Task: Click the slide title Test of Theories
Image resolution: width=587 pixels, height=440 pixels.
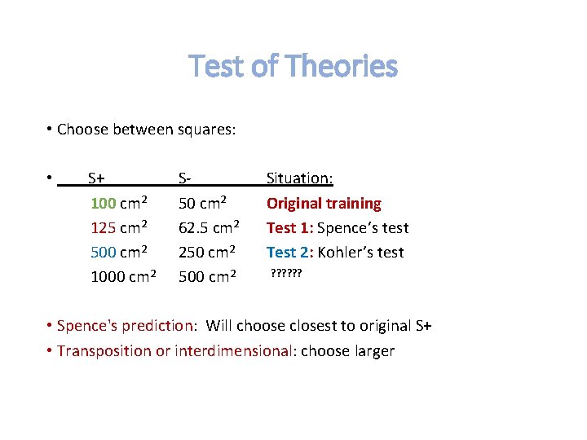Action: tap(293, 66)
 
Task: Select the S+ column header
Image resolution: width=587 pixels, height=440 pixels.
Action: tap(95, 178)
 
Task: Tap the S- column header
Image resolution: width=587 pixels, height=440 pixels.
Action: tap(185, 178)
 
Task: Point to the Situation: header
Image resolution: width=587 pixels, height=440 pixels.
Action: tap(299, 178)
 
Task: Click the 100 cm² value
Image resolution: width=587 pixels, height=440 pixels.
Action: tap(119, 203)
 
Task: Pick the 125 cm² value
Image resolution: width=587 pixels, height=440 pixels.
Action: tap(119, 227)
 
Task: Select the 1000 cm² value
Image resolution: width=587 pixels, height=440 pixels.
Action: tap(123, 276)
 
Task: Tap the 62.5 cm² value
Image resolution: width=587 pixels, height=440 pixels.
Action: tap(209, 227)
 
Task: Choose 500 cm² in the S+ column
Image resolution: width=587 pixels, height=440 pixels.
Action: tap(119, 252)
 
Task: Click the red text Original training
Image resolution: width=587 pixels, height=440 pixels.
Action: tap(324, 203)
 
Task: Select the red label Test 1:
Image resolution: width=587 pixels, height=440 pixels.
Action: tap(289, 227)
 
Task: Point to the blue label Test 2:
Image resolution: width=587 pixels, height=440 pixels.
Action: tap(289, 252)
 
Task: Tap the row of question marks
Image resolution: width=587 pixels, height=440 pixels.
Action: tap(286, 275)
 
